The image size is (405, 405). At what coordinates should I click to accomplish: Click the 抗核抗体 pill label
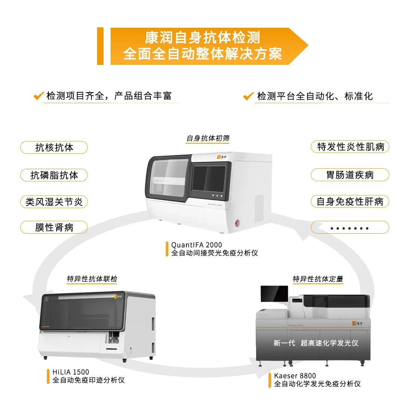[x=54, y=147]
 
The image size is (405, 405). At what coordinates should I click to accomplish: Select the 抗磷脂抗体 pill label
[x=54, y=175]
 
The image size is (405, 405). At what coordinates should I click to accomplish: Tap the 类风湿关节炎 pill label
[x=54, y=202]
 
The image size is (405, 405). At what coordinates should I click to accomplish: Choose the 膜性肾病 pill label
[x=54, y=227]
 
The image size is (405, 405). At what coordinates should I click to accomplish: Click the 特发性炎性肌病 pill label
[x=350, y=147]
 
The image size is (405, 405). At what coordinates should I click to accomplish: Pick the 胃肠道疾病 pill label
[x=350, y=175]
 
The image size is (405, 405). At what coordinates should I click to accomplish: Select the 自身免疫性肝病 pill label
[x=350, y=202]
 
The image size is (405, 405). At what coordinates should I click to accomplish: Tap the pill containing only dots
[x=350, y=228]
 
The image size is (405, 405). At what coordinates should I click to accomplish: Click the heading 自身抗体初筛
[x=208, y=138]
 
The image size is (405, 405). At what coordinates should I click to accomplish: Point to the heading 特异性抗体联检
[x=92, y=279]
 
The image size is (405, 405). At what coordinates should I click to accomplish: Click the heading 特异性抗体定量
[x=318, y=279]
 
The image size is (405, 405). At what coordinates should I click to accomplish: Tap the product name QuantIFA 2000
[x=196, y=245]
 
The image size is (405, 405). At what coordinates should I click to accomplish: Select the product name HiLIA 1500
[x=71, y=372]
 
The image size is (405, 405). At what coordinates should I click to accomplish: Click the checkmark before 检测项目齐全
[x=39, y=96]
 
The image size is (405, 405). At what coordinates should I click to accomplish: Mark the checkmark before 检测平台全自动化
[x=248, y=96]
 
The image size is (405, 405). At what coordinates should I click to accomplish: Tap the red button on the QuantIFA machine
[x=237, y=223]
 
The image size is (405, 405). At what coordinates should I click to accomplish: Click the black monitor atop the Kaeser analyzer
[x=274, y=294]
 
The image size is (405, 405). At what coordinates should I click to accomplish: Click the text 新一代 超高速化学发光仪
[x=316, y=343]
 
